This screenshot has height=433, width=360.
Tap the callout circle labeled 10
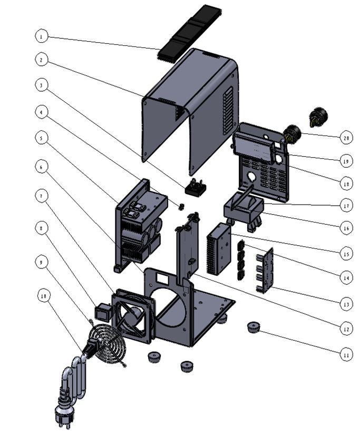(x=44, y=296)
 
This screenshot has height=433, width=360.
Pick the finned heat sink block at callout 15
(x=220, y=248)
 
